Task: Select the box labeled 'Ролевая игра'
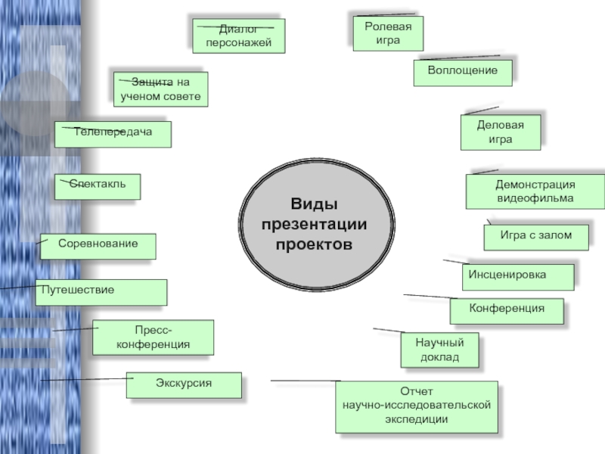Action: pyautogui.click(x=388, y=33)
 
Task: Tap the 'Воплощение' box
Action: pyautogui.click(x=463, y=71)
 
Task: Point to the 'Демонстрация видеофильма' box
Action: pyautogui.click(x=535, y=191)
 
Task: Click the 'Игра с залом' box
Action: pyautogui.click(x=537, y=236)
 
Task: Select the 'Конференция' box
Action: pyautogui.click(x=507, y=309)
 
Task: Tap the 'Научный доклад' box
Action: pyautogui.click(x=439, y=350)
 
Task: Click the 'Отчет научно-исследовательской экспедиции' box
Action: pyautogui.click(x=417, y=406)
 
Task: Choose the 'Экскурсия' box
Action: pyautogui.click(x=184, y=384)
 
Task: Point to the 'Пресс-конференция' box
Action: pyautogui.click(x=153, y=337)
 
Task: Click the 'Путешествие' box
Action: pyautogui.click(x=101, y=291)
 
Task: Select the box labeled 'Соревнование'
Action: pyautogui.click(x=98, y=245)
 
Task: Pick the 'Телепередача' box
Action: pyautogui.click(x=113, y=133)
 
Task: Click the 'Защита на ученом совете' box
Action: pyautogui.click(x=160, y=89)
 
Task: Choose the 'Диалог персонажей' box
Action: pyautogui.click(x=238, y=36)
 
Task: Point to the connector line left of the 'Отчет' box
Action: pyautogui.click(x=302, y=381)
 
